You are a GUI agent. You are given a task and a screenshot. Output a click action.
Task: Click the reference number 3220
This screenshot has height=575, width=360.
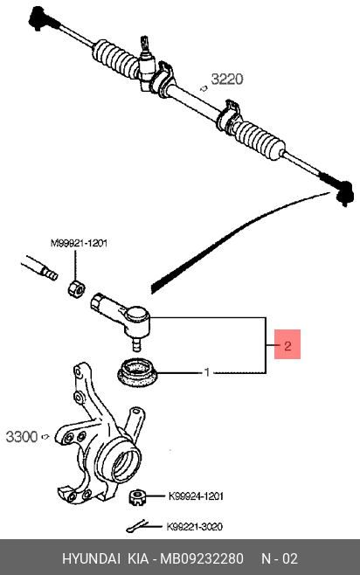[x=227, y=80]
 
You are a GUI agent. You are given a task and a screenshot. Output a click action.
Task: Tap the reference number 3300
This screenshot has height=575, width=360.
[x=22, y=437]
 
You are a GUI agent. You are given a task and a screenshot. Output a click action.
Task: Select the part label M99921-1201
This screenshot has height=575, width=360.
[x=79, y=243]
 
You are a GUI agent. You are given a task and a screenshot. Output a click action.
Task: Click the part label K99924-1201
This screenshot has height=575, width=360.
[x=196, y=496]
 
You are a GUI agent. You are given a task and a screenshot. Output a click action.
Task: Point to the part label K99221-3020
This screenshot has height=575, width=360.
[x=194, y=527]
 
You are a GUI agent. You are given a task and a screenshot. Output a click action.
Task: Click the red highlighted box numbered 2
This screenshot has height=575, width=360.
[x=287, y=344]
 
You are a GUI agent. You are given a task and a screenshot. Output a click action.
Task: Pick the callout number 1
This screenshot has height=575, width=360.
[x=207, y=372]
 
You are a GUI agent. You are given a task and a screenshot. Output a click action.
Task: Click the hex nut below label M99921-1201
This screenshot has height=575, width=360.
[x=76, y=287]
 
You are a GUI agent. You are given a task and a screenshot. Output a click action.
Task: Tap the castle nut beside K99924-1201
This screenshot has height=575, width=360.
[x=136, y=497]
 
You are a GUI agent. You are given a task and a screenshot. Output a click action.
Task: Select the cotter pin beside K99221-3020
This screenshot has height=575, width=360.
[x=137, y=527]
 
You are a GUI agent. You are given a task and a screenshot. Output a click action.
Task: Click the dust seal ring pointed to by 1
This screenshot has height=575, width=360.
[x=137, y=372]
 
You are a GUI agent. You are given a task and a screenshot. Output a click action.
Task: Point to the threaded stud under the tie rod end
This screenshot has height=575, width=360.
[x=136, y=344]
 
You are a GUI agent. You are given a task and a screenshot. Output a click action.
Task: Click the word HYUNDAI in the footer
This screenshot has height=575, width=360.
[x=91, y=558]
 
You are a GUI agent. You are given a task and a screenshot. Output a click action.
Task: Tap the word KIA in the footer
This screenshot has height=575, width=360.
[x=138, y=558]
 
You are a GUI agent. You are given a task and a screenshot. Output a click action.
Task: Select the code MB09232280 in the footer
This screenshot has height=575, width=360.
[x=202, y=558]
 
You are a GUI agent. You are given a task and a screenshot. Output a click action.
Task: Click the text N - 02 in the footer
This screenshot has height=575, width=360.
[x=280, y=558]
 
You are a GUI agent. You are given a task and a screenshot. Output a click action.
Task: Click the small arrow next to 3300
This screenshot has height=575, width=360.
[x=45, y=436]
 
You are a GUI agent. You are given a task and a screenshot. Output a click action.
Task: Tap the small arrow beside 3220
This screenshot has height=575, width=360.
[x=204, y=88]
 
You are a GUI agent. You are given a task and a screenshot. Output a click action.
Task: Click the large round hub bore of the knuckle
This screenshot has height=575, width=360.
[x=126, y=463]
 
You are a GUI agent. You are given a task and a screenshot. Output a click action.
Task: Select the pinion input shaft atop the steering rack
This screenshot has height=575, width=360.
[x=144, y=45]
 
